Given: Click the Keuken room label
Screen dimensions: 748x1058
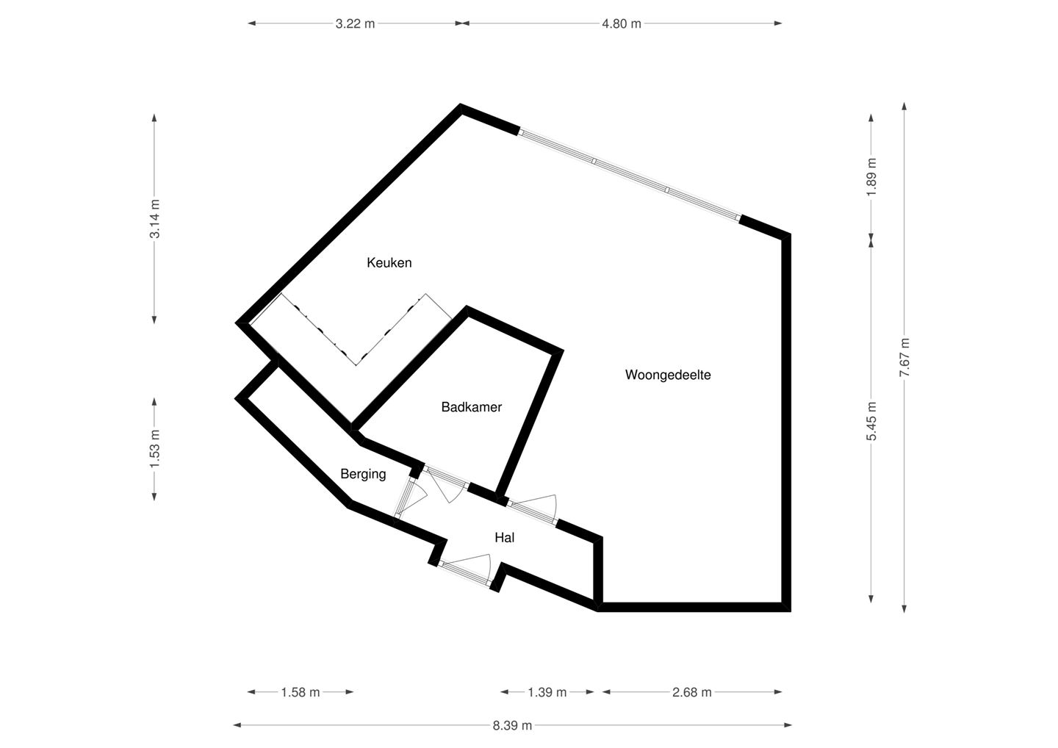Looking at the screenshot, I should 389,262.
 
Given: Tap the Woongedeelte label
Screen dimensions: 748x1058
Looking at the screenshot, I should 668,375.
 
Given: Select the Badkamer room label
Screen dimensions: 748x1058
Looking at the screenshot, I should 471,407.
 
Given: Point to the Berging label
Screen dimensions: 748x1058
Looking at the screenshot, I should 363,474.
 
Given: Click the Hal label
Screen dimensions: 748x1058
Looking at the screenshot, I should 504,538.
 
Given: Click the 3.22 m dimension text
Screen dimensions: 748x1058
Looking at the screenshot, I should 355,24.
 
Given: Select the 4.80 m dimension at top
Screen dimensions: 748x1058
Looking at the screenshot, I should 622,24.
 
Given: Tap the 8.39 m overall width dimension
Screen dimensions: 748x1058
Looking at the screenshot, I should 512,725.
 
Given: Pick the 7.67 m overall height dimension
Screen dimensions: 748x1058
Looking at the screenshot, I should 904,358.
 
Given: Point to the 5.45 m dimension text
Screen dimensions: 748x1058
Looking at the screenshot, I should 871,422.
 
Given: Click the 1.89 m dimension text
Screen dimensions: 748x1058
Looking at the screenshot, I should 871,177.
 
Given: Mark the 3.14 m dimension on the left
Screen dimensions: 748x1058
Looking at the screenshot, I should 154,219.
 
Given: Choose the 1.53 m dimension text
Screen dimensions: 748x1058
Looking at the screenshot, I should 154,449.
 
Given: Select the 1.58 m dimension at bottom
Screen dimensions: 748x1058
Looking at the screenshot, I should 301,692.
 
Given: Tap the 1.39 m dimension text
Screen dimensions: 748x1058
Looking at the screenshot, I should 547,692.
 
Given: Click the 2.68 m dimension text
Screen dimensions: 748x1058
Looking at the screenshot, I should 692,692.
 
